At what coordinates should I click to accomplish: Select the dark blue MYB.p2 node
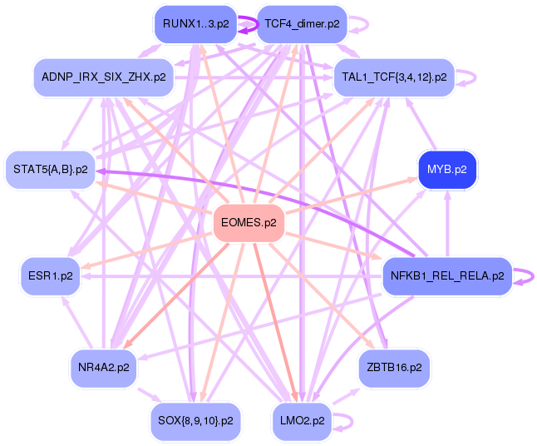click(447, 170)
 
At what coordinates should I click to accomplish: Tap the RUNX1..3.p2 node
click(196, 23)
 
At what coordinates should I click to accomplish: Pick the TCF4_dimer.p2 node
click(301, 23)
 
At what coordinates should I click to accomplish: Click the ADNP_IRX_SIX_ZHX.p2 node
click(103, 77)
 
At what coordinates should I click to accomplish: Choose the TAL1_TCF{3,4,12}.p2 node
click(394, 77)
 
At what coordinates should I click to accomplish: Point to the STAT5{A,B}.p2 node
click(51, 170)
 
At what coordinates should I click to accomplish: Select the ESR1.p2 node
click(51, 276)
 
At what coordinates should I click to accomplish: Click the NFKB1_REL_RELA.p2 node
click(447, 276)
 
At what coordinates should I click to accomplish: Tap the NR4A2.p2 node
click(103, 366)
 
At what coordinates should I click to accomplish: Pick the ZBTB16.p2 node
click(394, 366)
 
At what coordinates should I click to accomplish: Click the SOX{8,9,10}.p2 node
click(196, 419)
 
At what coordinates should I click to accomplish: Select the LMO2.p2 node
click(301, 419)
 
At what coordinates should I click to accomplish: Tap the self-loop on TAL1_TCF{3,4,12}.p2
click(475, 77)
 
